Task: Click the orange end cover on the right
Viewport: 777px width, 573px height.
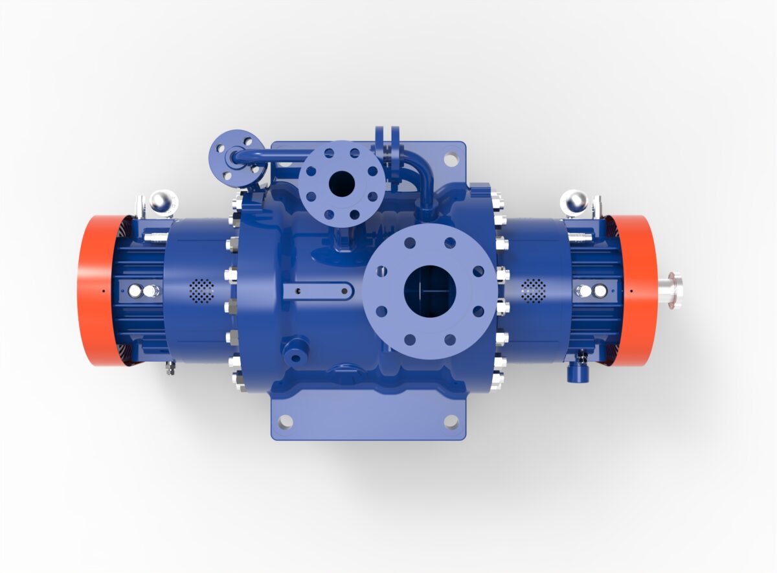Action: coord(638,291)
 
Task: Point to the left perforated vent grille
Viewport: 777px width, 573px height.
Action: coord(201,291)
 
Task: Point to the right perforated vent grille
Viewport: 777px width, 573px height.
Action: coord(534,291)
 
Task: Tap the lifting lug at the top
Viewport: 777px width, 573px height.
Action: coord(387,139)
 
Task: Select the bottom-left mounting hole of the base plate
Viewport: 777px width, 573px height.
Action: coord(285,421)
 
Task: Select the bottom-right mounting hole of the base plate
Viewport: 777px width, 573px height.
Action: coord(451,421)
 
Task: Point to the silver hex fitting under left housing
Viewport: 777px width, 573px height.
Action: coord(170,367)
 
